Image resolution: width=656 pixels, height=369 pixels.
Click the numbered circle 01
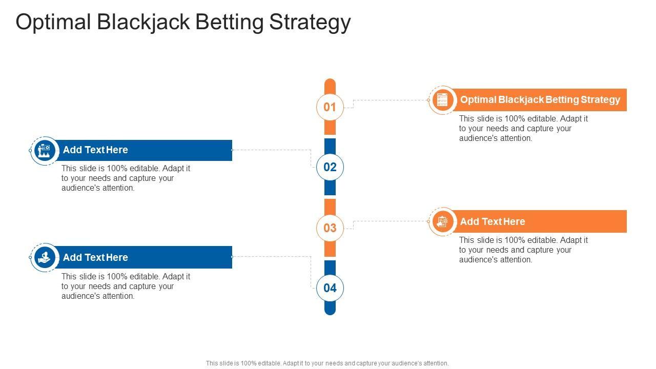(x=330, y=107)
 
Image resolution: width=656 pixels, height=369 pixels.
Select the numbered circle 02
(x=330, y=167)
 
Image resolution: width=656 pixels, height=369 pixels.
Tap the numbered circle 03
(x=330, y=228)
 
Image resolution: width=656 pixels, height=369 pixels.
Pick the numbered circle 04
(x=330, y=288)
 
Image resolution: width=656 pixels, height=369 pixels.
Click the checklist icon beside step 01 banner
(x=442, y=99)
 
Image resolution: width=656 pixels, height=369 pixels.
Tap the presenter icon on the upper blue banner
(x=44, y=150)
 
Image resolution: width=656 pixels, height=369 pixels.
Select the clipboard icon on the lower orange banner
(x=442, y=221)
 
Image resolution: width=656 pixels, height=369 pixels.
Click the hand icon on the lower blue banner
(x=44, y=257)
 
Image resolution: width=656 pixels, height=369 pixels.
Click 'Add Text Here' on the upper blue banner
(x=95, y=150)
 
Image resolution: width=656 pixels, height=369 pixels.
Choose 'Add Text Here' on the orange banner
(x=493, y=222)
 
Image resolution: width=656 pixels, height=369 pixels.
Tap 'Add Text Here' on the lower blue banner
(x=95, y=257)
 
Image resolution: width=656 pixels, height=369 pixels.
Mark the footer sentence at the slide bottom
(x=327, y=363)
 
